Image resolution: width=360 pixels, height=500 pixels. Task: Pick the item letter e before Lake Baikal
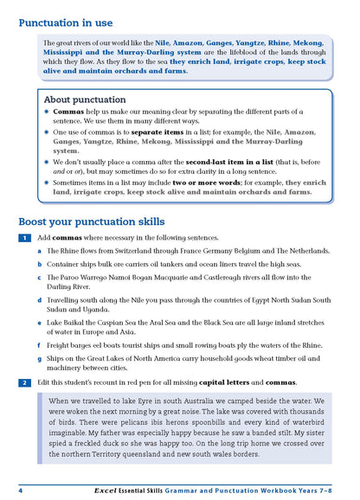point(40,322)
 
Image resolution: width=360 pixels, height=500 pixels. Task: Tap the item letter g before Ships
point(40,357)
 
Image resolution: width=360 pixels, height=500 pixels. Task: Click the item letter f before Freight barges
point(40,345)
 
